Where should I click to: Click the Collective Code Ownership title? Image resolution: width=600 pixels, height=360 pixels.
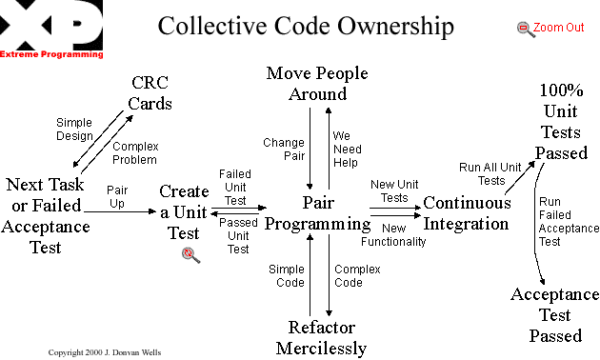click(x=306, y=26)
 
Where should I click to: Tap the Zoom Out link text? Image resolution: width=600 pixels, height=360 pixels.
click(x=559, y=28)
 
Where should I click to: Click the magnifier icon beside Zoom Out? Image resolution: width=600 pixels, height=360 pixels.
click(x=526, y=29)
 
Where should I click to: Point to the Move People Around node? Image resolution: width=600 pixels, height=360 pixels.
click(x=317, y=84)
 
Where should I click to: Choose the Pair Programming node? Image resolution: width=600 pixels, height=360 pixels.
click(x=317, y=212)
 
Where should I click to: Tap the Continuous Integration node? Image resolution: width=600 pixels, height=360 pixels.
click(x=467, y=212)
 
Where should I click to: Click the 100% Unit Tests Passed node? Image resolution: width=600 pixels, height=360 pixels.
click(x=560, y=122)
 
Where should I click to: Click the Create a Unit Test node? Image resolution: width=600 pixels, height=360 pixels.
click(x=184, y=212)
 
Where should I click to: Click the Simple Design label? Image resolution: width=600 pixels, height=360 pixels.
click(x=74, y=129)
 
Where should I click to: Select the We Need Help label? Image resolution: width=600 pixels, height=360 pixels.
click(x=348, y=149)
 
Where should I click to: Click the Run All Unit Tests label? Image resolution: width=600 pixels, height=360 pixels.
click(x=491, y=173)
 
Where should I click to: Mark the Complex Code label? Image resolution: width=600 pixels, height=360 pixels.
click(x=357, y=276)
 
